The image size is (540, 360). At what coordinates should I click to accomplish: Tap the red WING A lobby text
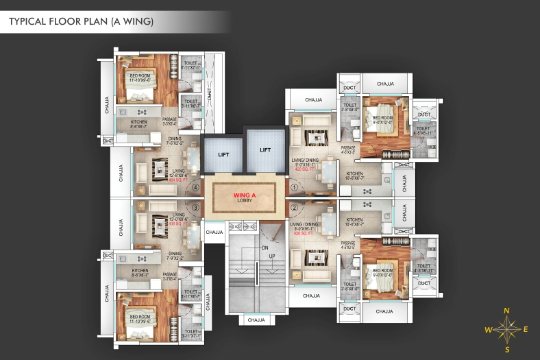click(244, 194)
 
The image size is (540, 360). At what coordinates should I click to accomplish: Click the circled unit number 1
click(295, 186)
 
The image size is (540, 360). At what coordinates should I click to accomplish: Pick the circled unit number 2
click(295, 207)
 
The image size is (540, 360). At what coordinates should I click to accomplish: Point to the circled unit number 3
click(195, 208)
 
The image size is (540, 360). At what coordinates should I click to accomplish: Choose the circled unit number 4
click(195, 186)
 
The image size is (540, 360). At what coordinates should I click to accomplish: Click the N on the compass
click(506, 311)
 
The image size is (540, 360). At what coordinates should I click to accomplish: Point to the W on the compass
click(487, 330)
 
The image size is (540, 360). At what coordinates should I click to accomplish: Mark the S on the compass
click(506, 350)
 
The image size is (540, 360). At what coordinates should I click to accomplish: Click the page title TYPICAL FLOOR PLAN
click(81, 22)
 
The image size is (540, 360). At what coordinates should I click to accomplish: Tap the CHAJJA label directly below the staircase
click(256, 320)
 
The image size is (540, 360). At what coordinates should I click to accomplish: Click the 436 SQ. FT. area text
click(159, 224)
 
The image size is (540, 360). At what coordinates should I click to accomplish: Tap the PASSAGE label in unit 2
click(348, 243)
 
